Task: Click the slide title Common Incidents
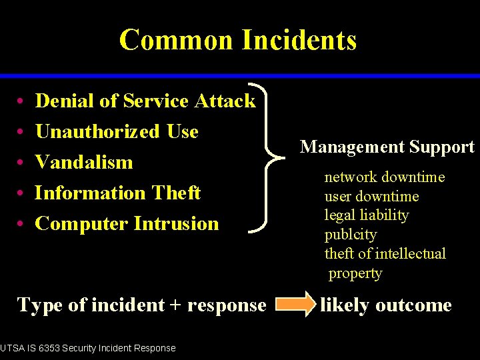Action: point(238,40)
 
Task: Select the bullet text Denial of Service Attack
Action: point(145,101)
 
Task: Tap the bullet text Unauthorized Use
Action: point(117,131)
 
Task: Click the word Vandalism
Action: point(84,162)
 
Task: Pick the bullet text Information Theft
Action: point(117,193)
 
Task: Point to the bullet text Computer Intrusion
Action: point(127,223)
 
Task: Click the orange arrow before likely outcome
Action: point(293,305)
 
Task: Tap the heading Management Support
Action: point(387,147)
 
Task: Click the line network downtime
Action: point(385,177)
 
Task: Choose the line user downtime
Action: point(371,196)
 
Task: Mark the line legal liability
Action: point(366,215)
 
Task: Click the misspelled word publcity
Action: point(350,235)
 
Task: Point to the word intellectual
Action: point(411,253)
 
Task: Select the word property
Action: point(355,273)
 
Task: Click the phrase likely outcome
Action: point(386,305)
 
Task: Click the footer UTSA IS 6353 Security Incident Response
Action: point(88,348)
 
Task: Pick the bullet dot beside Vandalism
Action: point(22,163)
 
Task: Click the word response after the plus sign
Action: point(227,305)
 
